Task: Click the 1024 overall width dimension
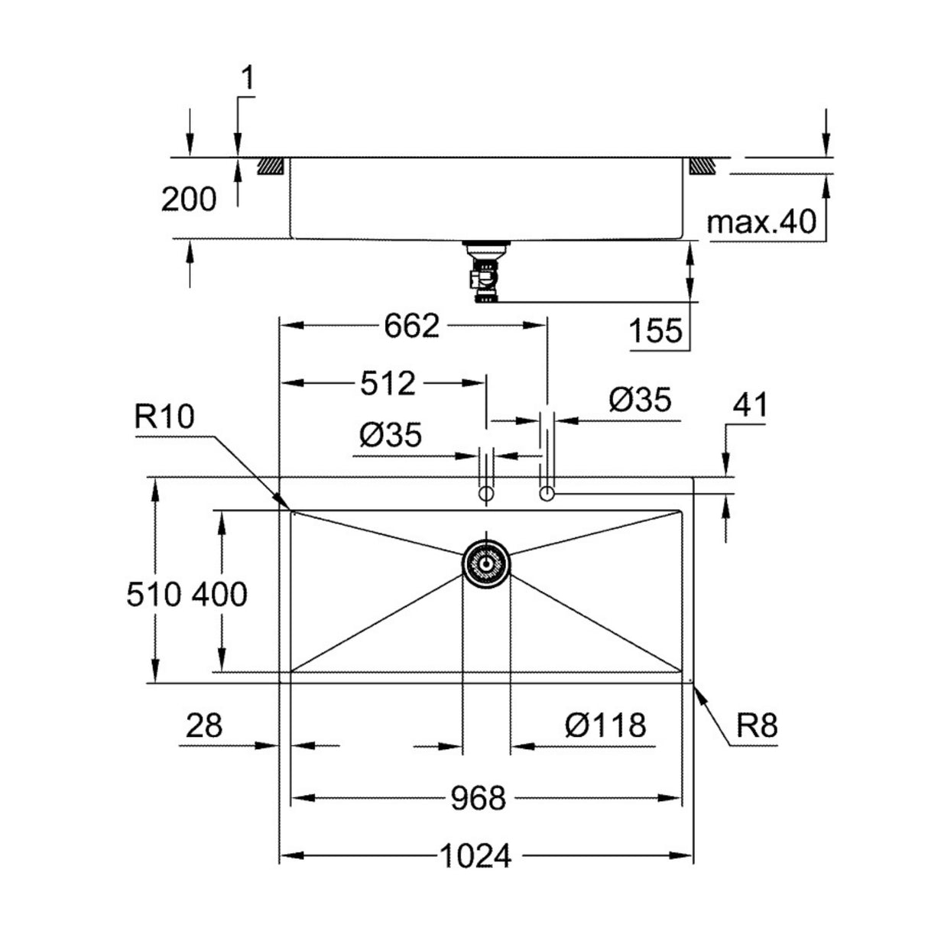[475, 856]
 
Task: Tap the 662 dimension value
[412, 326]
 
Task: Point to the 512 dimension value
[388, 382]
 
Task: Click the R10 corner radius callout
[164, 418]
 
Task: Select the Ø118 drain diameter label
[605, 725]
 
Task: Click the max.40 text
[761, 222]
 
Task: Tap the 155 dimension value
[655, 331]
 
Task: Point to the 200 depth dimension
[189, 200]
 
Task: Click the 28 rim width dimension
[203, 725]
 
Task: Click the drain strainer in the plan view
[486, 563]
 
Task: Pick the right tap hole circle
[547, 495]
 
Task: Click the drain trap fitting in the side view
[485, 274]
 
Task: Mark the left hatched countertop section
[272, 166]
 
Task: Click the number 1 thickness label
[248, 77]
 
